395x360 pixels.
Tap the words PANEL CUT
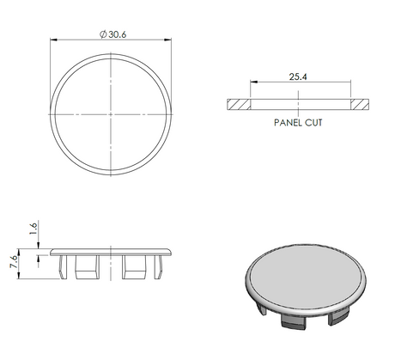click(x=298, y=122)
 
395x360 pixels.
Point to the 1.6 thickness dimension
click(x=33, y=228)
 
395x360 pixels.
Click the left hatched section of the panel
click(x=239, y=104)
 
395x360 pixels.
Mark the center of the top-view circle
click(x=112, y=113)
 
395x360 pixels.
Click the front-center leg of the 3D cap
click(x=295, y=321)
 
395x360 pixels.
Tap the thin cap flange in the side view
click(x=112, y=252)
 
